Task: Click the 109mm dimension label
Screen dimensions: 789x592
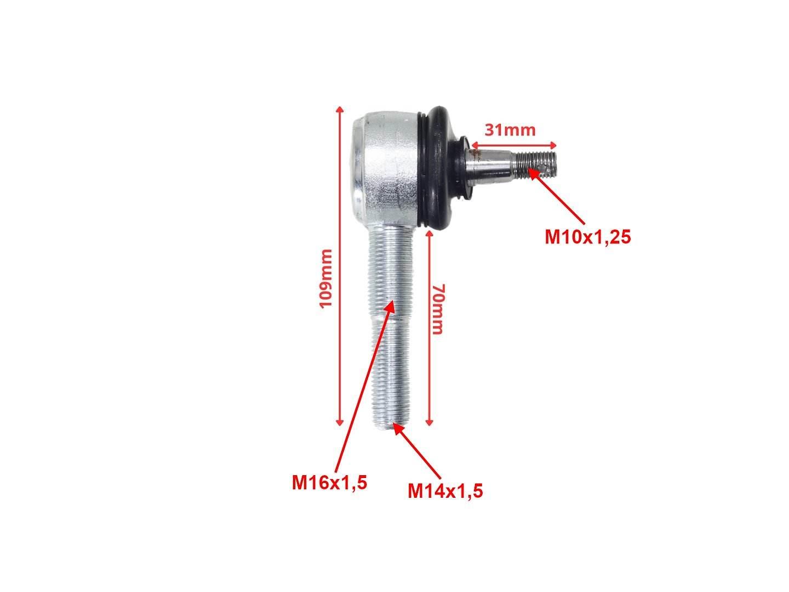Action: click(x=325, y=278)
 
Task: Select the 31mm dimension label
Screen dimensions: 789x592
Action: click(x=510, y=130)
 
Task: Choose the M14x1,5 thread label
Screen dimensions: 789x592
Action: click(x=445, y=491)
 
